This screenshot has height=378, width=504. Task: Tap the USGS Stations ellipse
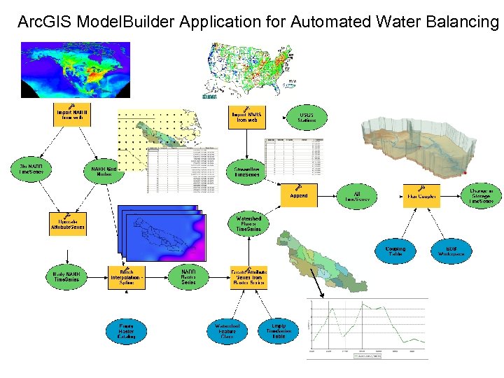click(307, 116)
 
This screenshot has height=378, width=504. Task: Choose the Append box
click(299, 195)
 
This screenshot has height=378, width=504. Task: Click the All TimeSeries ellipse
click(357, 195)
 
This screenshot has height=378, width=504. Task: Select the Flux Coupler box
click(420, 195)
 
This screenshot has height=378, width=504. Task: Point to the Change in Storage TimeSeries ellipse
click(481, 195)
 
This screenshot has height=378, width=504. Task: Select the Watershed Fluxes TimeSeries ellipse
click(248, 224)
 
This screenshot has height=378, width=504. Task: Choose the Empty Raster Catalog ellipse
click(127, 331)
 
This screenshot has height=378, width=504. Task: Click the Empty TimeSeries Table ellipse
click(278, 330)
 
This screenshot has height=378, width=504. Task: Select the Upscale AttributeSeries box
click(68, 223)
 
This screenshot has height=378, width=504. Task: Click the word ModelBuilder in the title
click(128, 22)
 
